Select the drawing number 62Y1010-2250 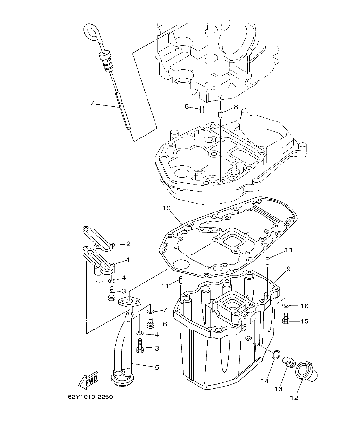(90, 397)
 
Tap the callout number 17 (90, 103)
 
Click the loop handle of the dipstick (91, 32)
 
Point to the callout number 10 (166, 208)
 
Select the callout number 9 (289, 269)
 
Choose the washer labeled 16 (286, 305)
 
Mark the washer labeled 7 (150, 311)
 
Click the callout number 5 (157, 367)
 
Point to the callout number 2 (128, 244)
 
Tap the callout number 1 (128, 260)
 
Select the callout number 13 (278, 389)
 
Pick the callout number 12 (294, 398)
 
